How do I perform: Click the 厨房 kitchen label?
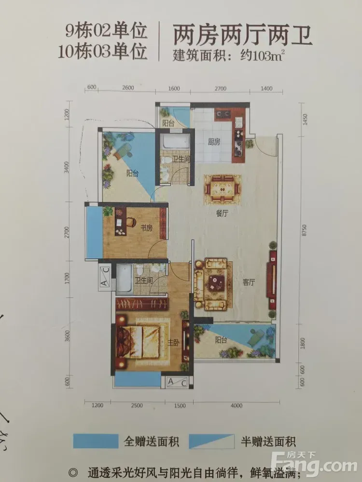point(214,142)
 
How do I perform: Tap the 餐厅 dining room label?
point(222,213)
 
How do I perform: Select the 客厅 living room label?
point(249,282)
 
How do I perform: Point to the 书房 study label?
point(147,228)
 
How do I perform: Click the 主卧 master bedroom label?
point(173,343)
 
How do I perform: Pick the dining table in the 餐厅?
point(222,189)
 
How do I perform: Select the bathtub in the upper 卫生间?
point(176,141)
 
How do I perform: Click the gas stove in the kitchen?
point(223,114)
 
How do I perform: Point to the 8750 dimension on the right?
point(304,230)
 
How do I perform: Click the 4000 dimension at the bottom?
point(237,406)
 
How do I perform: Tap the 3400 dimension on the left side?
point(67,167)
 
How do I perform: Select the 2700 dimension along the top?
point(221,89)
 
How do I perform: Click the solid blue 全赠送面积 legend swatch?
point(96,441)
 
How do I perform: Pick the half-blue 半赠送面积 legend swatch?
point(211,442)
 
